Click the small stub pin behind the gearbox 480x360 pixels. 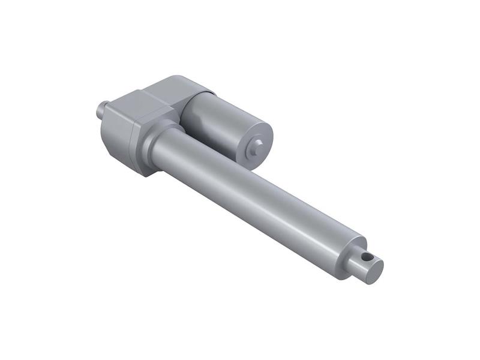[x=103, y=110]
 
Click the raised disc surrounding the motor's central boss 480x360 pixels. [x=257, y=143]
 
